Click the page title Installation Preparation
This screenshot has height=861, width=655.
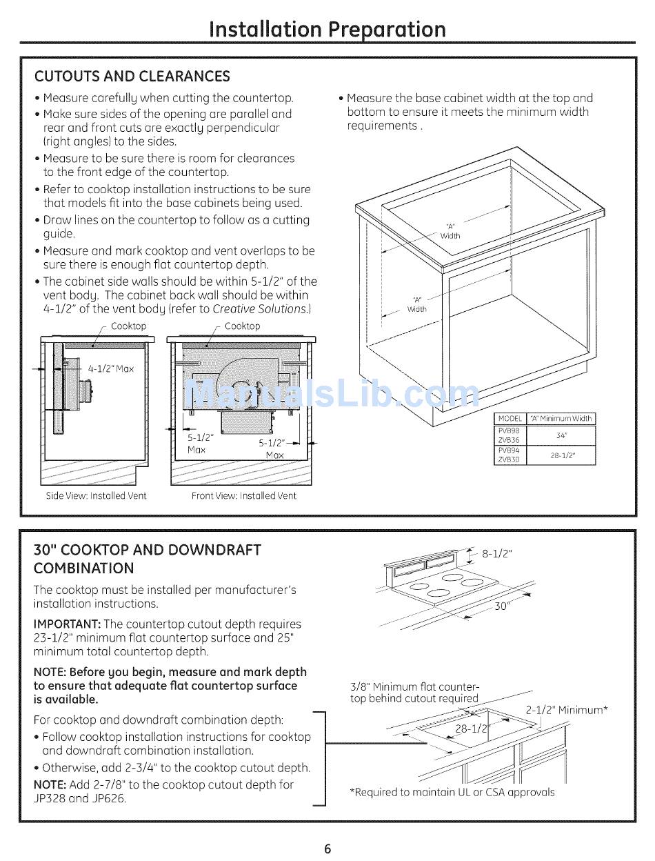[x=327, y=28]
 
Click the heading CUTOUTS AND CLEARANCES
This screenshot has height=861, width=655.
[x=132, y=76]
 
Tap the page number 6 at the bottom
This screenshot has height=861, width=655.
[x=327, y=849]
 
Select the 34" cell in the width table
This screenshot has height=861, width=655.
[x=561, y=435]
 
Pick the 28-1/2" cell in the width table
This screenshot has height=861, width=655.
[x=561, y=455]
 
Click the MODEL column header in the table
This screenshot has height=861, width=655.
[x=510, y=419]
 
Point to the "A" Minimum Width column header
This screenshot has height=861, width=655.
[x=561, y=419]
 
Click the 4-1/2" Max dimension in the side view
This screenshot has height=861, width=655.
[x=110, y=369]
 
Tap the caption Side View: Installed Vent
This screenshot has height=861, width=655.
[x=96, y=495]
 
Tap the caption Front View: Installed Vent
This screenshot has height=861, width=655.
[x=243, y=495]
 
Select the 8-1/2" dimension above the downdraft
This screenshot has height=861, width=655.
[x=497, y=553]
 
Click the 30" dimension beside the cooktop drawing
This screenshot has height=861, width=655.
[x=502, y=606]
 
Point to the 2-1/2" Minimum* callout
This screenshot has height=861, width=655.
[x=567, y=710]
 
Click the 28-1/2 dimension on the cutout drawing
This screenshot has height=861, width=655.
[x=472, y=729]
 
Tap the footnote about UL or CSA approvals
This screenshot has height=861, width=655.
[x=452, y=792]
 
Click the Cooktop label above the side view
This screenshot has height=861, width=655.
[x=129, y=326]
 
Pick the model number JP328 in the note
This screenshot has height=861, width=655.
[x=50, y=799]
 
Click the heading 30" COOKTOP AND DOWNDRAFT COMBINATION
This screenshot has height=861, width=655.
[x=147, y=559]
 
